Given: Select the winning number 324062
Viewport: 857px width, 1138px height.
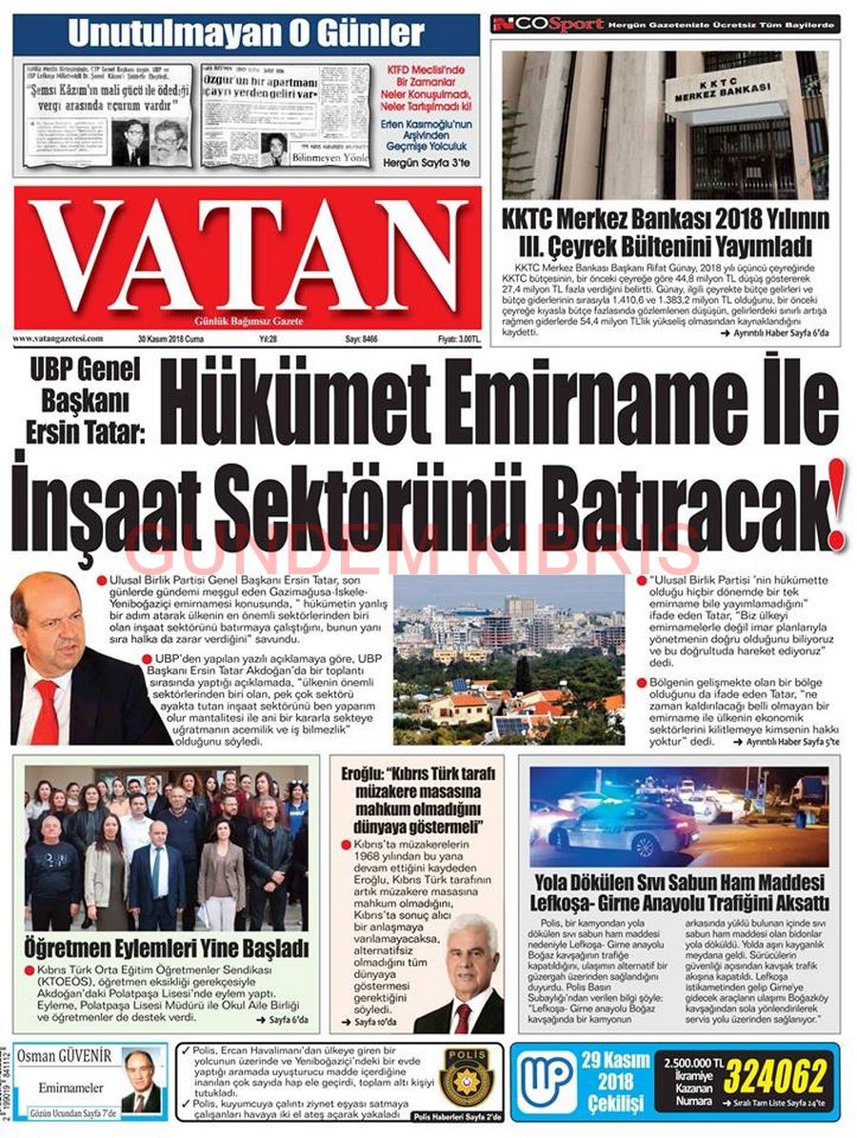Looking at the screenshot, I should pyautogui.click(x=775, y=1077).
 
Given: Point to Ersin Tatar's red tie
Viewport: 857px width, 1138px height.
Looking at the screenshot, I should pyautogui.click(x=45, y=710).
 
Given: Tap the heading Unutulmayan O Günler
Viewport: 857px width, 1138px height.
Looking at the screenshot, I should pyautogui.click(x=245, y=33).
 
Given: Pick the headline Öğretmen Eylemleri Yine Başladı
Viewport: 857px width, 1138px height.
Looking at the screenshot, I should pyautogui.click(x=167, y=948).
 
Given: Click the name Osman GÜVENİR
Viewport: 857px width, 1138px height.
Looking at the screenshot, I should pyautogui.click(x=63, y=1055).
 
